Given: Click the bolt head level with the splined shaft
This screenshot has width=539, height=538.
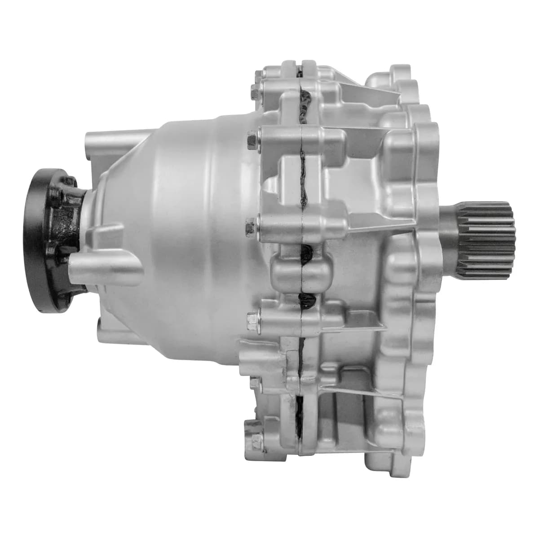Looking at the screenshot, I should (x=250, y=228).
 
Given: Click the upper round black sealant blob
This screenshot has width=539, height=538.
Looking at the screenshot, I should (x=309, y=254).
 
